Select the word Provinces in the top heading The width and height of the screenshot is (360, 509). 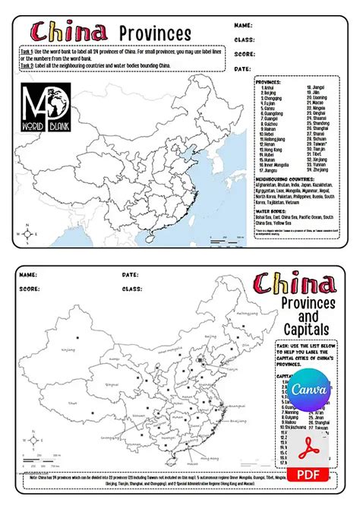click(156, 33)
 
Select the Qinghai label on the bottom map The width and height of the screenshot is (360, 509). click(111, 384)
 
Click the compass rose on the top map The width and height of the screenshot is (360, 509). click(27, 233)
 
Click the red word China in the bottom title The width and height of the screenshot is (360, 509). click(295, 284)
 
